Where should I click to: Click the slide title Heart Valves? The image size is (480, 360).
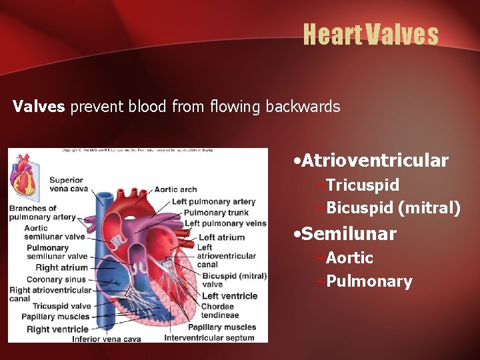coord(371,34)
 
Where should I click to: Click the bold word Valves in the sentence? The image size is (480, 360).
coord(39,107)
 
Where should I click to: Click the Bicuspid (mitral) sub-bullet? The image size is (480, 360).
coord(393,208)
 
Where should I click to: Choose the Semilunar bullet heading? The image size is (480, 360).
coord(349,234)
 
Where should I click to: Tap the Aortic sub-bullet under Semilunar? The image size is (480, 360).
coord(349,258)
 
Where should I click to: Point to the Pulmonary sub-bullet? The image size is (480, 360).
coord(369,281)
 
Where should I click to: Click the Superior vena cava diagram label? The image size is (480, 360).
coord(66,185)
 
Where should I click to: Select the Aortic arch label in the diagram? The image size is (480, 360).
coord(175,190)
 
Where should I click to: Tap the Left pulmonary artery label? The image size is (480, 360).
coord(213,202)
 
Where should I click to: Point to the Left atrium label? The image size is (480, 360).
coord(221,237)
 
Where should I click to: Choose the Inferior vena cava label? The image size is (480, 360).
coord(107,339)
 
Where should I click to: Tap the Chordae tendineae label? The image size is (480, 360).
coord(217,311)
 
